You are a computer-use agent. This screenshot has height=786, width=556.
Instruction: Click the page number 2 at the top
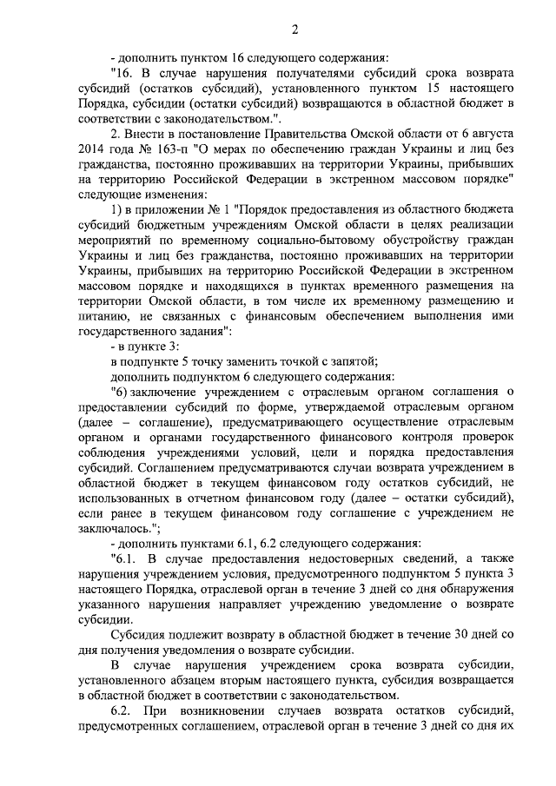294,32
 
